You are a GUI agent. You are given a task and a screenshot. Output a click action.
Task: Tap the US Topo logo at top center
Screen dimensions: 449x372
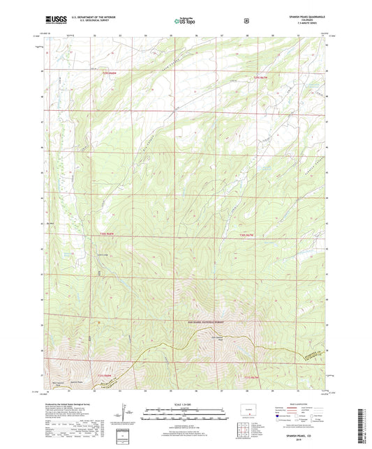click(x=184, y=22)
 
